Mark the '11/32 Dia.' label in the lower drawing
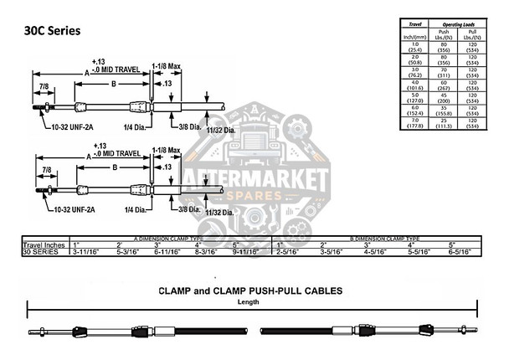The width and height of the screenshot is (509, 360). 218,213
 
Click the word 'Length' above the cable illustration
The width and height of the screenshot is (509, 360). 249,301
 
